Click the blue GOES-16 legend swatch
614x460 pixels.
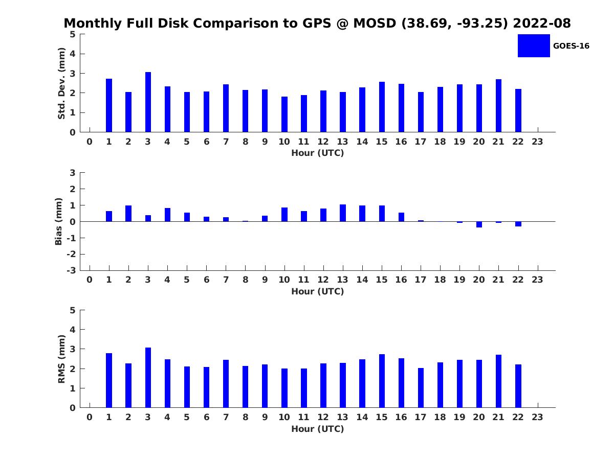(534, 45)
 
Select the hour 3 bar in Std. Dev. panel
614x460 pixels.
(148, 102)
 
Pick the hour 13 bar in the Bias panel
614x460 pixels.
(343, 213)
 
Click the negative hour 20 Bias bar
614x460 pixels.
(479, 224)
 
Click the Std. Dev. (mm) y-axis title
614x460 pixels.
(61, 83)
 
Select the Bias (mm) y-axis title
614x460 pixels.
(59, 221)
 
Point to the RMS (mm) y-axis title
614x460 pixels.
(61, 359)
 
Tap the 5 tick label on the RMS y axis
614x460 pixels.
(73, 310)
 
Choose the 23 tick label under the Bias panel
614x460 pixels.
(537, 280)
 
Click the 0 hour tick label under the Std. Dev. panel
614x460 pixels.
(90, 142)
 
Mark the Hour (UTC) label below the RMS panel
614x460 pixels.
(317, 429)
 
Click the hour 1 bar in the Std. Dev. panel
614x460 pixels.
(109, 105)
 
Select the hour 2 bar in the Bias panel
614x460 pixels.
(128, 214)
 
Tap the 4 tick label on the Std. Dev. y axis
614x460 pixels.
(73, 54)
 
